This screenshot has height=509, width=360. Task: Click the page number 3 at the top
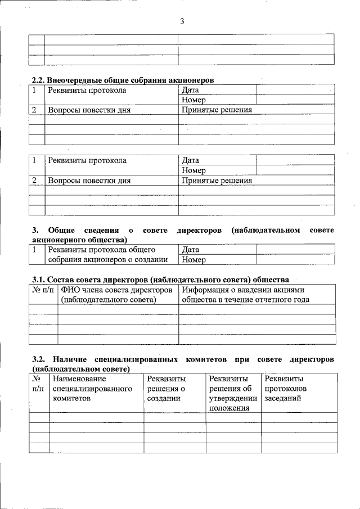[x=182, y=21]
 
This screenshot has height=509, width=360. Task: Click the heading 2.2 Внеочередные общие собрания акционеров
[x=122, y=80]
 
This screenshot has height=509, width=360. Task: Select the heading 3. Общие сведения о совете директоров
[x=183, y=235]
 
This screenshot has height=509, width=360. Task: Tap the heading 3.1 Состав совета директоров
[x=160, y=279]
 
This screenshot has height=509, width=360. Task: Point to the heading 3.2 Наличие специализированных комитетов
[x=183, y=363]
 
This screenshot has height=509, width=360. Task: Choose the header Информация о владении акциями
[x=245, y=295]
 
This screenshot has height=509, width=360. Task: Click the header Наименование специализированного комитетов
[x=92, y=389]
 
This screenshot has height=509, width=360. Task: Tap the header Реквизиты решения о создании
[x=166, y=389]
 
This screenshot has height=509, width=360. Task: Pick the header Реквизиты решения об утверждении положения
[x=233, y=393]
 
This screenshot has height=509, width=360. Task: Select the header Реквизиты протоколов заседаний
[x=285, y=389]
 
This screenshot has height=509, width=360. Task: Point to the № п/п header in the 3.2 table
[x=39, y=384]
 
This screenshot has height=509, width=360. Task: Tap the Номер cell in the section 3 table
[x=194, y=260]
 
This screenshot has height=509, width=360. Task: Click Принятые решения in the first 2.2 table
[x=217, y=110]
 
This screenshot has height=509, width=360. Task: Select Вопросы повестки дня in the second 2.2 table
[x=89, y=181]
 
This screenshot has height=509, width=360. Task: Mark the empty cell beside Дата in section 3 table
[x=295, y=249]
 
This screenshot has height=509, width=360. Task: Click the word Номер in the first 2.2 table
[x=194, y=100]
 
